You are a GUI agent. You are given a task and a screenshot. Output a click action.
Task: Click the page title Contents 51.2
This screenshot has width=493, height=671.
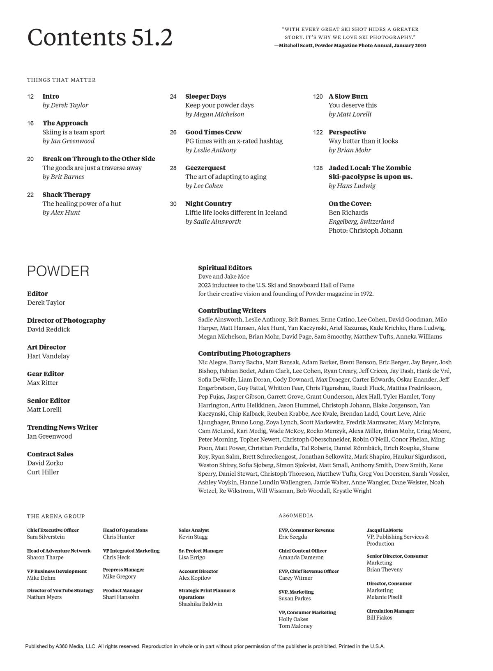(x=100, y=37)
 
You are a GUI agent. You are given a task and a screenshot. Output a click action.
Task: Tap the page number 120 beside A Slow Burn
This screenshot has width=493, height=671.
(x=318, y=97)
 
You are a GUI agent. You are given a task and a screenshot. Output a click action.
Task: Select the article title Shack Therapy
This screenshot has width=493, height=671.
(x=66, y=194)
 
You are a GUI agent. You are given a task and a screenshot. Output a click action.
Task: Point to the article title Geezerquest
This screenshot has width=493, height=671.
(x=205, y=168)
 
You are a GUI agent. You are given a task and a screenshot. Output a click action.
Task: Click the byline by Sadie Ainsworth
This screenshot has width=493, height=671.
(x=213, y=222)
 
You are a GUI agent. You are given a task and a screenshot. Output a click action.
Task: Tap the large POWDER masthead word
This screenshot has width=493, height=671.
(x=58, y=271)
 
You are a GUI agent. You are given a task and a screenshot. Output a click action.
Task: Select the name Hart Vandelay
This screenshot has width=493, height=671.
(x=48, y=356)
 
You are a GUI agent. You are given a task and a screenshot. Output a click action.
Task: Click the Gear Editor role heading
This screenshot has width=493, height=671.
(x=45, y=374)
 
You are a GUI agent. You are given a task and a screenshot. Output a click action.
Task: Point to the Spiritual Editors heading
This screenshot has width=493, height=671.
(x=225, y=268)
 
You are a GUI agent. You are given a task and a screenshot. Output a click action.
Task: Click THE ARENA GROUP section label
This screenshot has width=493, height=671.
(x=56, y=516)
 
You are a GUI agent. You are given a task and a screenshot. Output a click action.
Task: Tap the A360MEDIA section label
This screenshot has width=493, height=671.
(x=295, y=516)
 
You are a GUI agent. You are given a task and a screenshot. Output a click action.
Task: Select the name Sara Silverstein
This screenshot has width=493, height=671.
(x=46, y=537)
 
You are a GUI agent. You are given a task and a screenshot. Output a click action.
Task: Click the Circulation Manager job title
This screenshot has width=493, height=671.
(x=390, y=611)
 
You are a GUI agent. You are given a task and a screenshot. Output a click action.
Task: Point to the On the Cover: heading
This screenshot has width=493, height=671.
(x=350, y=204)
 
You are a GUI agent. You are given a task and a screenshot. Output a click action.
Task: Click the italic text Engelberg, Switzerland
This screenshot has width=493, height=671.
(x=361, y=222)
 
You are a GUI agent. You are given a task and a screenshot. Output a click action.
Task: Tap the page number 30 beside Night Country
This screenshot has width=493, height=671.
(x=173, y=204)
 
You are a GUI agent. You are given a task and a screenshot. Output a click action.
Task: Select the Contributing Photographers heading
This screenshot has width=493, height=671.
(x=244, y=353)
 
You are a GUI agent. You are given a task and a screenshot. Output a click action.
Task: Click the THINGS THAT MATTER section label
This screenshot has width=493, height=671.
(x=61, y=80)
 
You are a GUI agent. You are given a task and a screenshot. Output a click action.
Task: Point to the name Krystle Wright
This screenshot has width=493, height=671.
(x=352, y=491)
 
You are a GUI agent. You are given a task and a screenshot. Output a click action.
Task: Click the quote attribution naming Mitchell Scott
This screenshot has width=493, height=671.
(x=350, y=46)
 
